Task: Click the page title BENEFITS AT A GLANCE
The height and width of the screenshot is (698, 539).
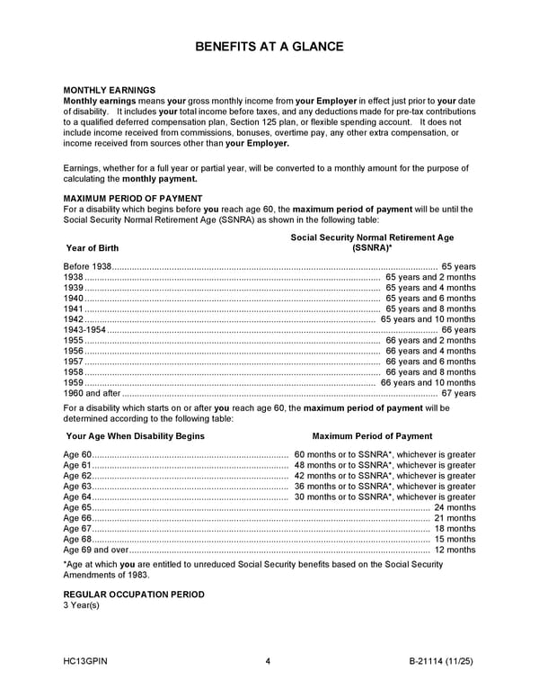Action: pos(269,46)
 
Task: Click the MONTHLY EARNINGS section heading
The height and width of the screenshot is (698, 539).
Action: pos(109,90)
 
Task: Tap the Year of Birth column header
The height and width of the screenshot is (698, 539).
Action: pos(93,248)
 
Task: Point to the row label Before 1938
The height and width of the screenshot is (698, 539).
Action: pos(88,267)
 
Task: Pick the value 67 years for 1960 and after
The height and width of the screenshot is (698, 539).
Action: pos(458,393)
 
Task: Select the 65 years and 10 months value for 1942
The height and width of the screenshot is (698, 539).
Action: pos(428,319)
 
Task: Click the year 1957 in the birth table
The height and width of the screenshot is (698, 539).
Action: pos(74,362)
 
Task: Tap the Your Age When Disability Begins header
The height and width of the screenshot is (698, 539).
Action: pos(136,436)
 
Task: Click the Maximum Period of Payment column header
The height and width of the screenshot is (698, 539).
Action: pos(372,436)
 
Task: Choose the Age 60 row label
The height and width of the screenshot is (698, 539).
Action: pos(77,455)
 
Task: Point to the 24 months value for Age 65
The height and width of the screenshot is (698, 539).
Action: pos(455,508)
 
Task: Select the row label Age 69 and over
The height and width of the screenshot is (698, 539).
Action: pos(96,550)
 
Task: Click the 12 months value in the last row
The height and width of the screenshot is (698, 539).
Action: pos(455,550)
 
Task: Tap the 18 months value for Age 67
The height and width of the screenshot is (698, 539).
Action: pos(455,529)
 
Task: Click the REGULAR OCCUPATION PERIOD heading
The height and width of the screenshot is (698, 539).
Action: pos(134,595)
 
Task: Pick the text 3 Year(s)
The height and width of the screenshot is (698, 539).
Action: pos(82,605)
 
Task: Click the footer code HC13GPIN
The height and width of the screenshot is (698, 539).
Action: pos(86,663)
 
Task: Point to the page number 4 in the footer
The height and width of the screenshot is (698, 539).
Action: pos(269,663)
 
